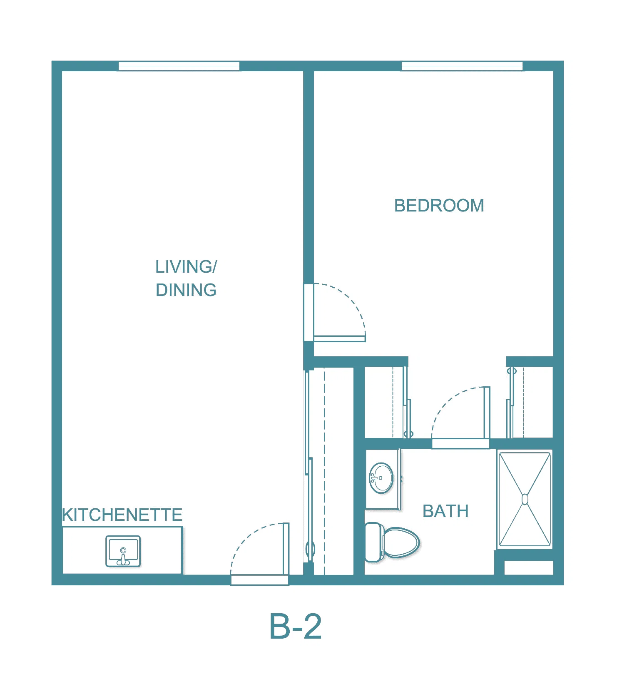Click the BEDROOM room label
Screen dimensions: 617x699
(439, 206)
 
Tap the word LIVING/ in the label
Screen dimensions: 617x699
(186, 267)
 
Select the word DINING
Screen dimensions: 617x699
(186, 290)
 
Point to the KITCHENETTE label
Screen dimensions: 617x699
(122, 515)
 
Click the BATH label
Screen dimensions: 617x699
(445, 511)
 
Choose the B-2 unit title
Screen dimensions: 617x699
(296, 626)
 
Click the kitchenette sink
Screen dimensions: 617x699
(123, 551)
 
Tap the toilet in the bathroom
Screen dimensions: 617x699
(392, 542)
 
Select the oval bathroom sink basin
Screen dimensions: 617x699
(381, 478)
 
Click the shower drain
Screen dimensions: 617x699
(525, 499)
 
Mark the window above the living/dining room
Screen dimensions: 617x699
(179, 66)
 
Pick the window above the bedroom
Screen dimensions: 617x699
(462, 66)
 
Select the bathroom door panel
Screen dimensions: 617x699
(487, 413)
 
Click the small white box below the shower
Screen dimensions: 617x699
(529, 568)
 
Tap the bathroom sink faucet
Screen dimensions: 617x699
(376, 478)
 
